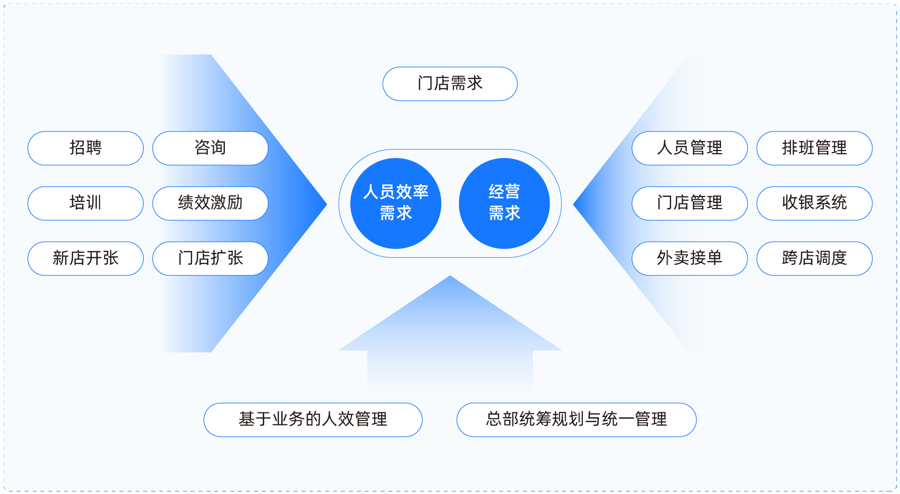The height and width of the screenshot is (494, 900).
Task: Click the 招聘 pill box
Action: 86,148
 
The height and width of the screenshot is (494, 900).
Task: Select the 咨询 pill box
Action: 210,148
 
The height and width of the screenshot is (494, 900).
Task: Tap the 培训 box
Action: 86,203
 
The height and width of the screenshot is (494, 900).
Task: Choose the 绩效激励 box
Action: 210,203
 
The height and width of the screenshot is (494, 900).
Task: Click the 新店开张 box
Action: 86,258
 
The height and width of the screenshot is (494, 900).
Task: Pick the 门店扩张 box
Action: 210,258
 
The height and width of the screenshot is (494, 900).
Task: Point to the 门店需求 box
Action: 450,84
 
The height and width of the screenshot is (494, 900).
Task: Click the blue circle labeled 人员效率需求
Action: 396,203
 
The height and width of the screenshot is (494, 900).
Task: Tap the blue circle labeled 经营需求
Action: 504,203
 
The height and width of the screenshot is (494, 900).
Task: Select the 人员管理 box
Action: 690,148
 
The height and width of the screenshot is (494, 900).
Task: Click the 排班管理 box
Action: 815,148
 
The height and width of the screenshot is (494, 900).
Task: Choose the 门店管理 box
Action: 690,203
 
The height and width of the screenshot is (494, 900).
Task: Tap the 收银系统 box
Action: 815,203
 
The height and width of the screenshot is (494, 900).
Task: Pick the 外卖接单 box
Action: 690,258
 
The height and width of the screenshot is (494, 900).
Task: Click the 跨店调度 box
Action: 815,258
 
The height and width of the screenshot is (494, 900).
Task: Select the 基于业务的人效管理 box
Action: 313,419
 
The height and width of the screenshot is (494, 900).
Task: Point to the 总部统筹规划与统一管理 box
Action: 576,419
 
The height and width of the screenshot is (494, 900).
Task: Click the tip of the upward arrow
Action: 450,276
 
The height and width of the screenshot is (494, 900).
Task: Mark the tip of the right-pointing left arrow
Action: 327,204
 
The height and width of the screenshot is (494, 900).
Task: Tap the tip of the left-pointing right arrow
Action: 574,204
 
